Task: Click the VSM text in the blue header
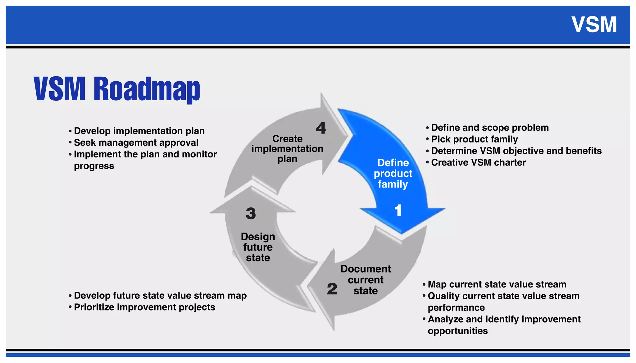coord(594,25)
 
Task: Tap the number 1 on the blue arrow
coord(398,211)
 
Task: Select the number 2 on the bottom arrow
coord(332,289)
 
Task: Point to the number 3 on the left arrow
coord(251,213)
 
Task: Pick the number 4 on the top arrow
coord(321,128)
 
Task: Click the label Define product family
coord(393,173)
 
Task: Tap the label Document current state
coord(366,279)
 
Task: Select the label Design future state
coord(258,247)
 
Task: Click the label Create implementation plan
coord(287,149)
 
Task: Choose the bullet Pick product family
coord(474,139)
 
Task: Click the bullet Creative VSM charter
coord(478,162)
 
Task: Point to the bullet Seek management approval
coord(136,143)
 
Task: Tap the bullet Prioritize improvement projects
coord(144,307)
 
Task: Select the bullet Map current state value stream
coord(497,284)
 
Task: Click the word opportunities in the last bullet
coord(458,331)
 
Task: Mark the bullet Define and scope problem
coord(490,128)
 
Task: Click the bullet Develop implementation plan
coord(139,131)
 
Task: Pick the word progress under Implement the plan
coord(94,166)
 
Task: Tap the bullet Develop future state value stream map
coord(160,295)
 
